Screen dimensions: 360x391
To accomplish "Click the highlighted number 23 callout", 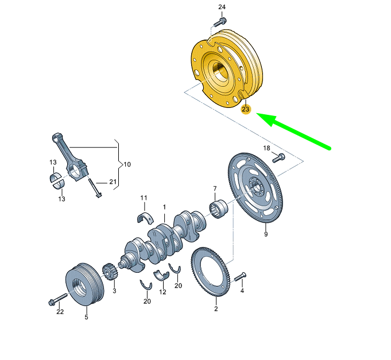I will [246, 109].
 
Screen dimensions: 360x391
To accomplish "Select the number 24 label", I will [222, 7].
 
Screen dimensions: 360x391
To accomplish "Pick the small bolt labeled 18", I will [278, 157].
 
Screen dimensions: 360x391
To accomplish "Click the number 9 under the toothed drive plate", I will [266, 234].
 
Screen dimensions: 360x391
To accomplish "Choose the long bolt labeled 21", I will [95, 188].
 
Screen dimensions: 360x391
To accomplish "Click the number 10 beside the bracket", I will [127, 164].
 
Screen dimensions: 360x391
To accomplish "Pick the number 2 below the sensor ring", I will [216, 309].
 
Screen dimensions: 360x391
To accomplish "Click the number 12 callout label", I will [162, 292].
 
